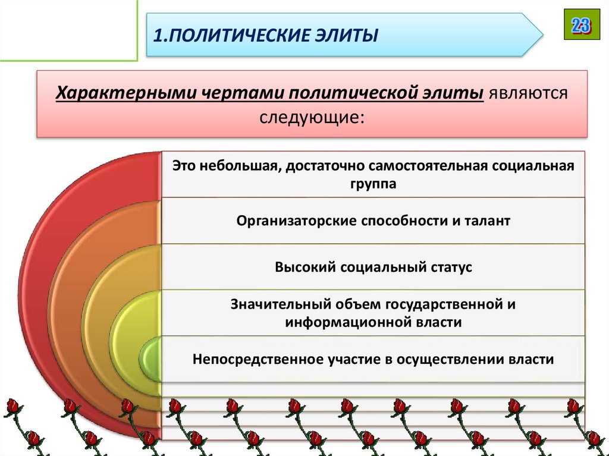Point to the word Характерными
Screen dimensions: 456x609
tap(127, 93)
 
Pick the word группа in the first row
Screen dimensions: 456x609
tap(373, 184)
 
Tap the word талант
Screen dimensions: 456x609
tap(487, 221)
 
